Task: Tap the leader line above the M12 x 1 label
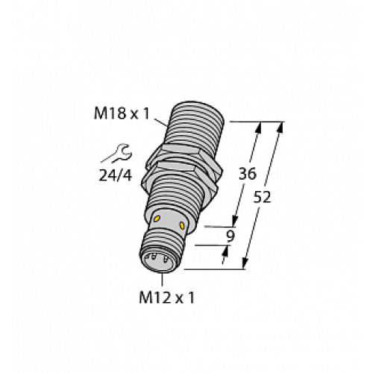point(161,278)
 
